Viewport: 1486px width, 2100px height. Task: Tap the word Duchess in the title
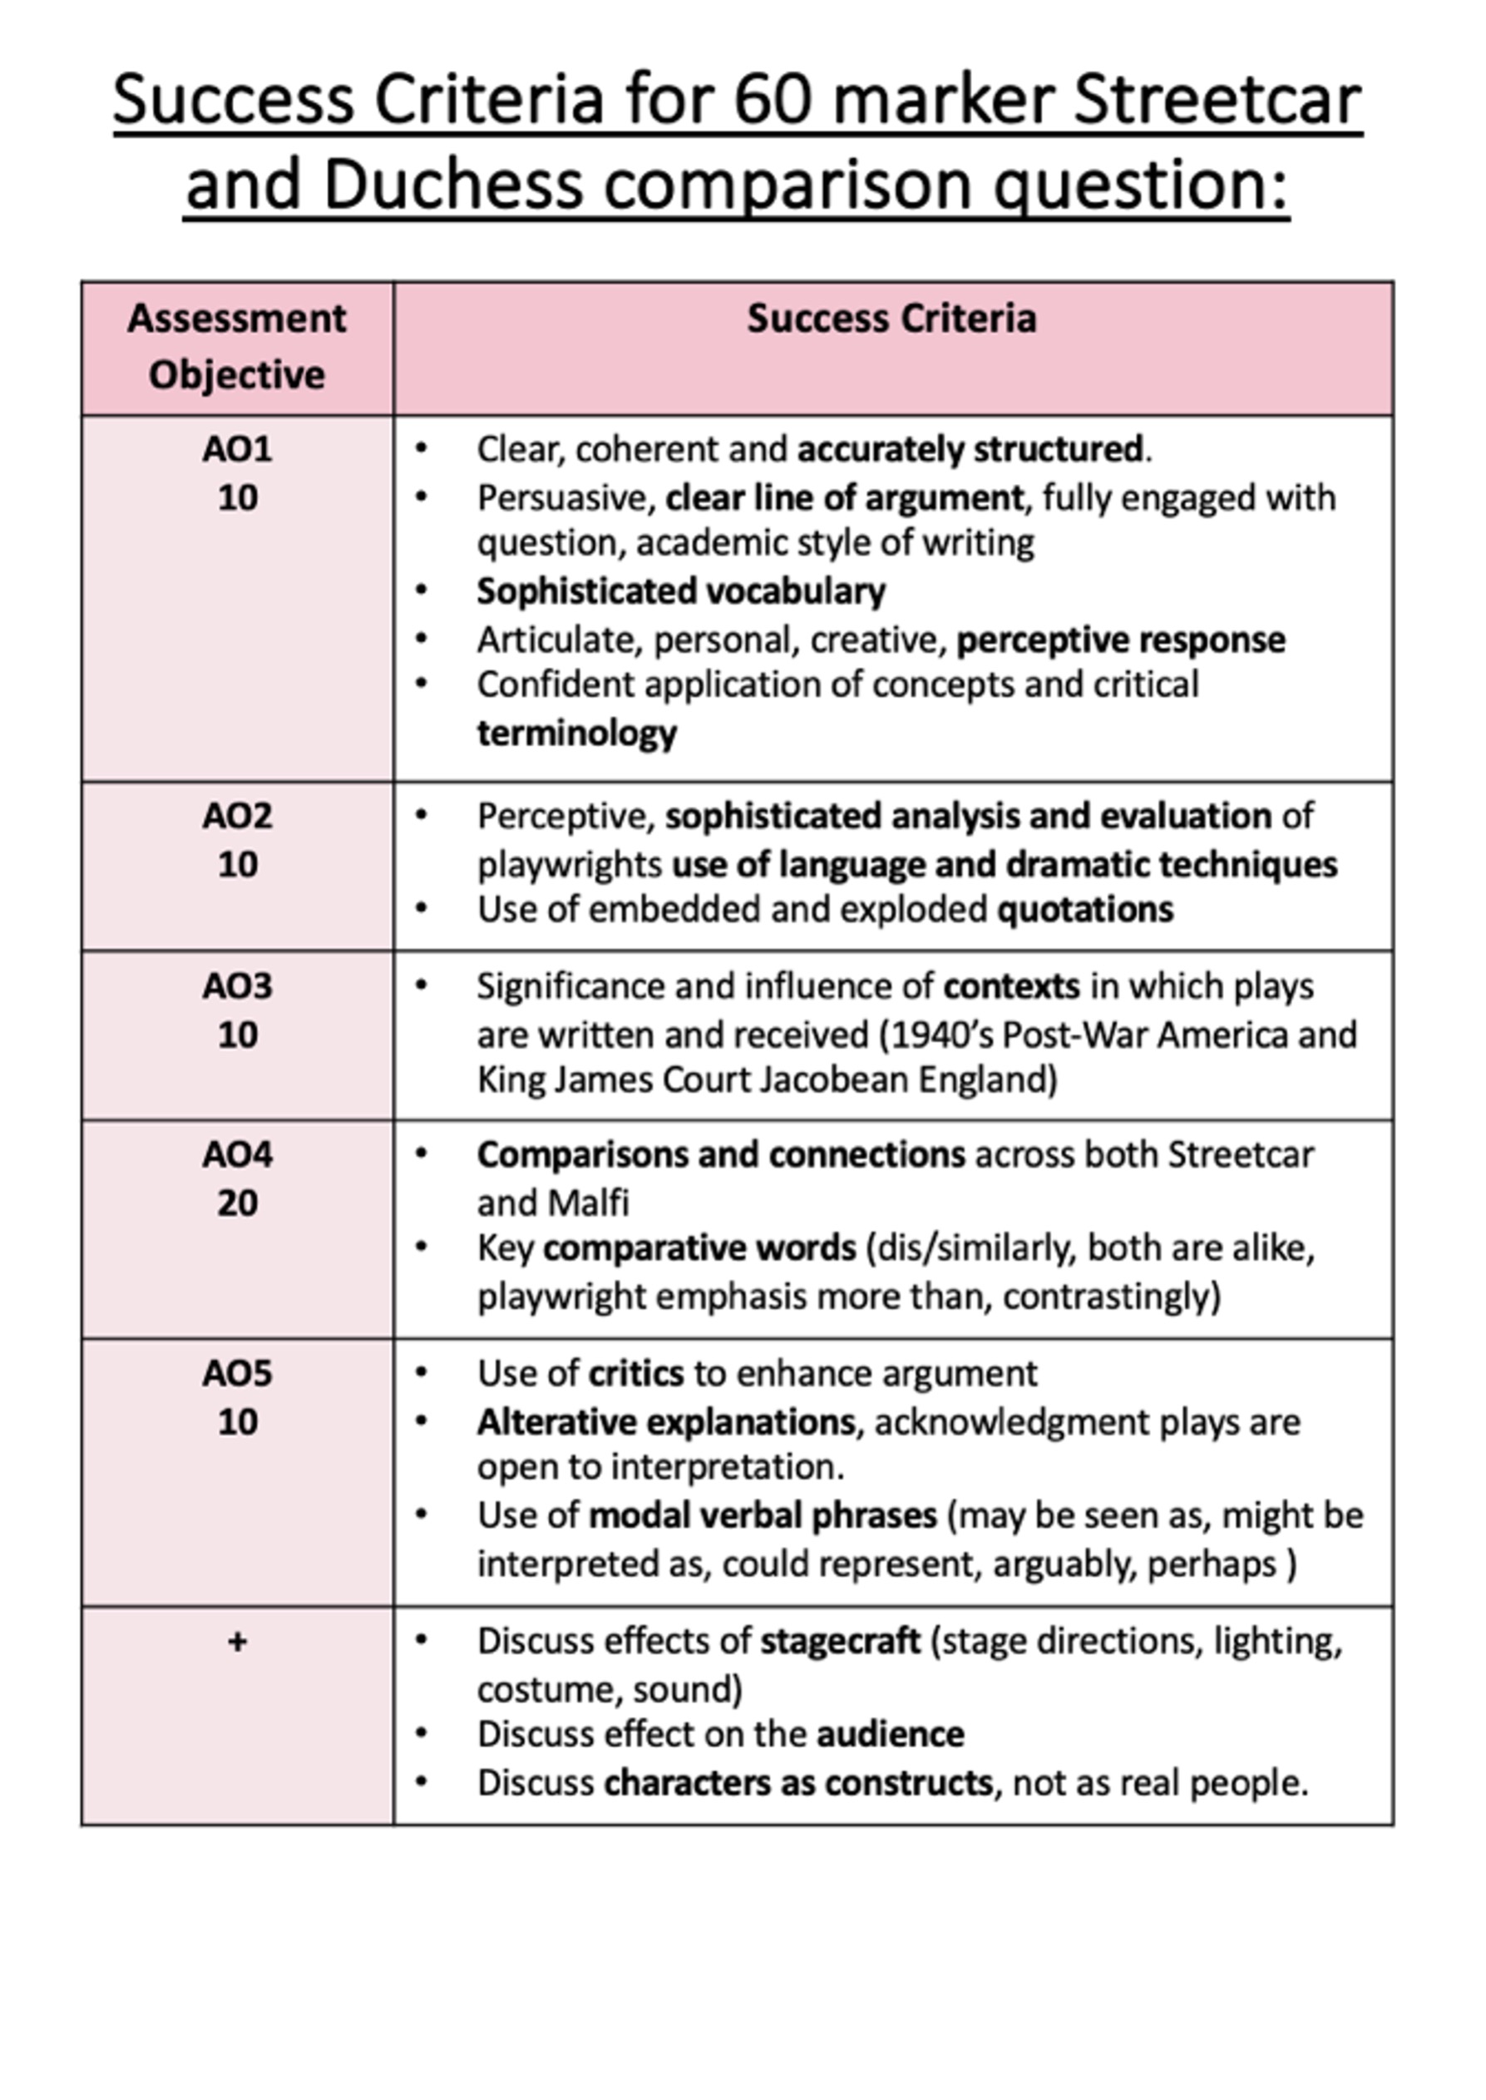[453, 184]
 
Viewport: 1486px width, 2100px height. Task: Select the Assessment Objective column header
[237, 347]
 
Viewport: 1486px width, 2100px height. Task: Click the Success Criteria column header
[891, 319]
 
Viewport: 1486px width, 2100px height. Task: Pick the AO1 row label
[237, 449]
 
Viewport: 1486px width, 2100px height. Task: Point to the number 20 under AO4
[237, 1203]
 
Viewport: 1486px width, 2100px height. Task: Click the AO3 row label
[237, 986]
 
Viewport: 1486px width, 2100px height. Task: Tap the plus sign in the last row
[237, 1642]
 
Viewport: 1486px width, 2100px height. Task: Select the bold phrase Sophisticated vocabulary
[681, 591]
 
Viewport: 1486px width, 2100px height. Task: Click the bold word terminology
[576, 733]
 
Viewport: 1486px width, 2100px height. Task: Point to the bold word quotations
[1084, 910]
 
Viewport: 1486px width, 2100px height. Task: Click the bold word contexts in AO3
[1011, 986]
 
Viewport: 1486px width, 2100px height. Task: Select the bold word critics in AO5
[636, 1373]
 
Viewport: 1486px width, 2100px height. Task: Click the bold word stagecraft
[840, 1642]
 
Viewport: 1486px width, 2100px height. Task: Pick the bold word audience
[890, 1734]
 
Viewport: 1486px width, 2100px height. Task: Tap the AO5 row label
[237, 1373]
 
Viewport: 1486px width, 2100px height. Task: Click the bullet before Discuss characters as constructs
[421, 1781]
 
